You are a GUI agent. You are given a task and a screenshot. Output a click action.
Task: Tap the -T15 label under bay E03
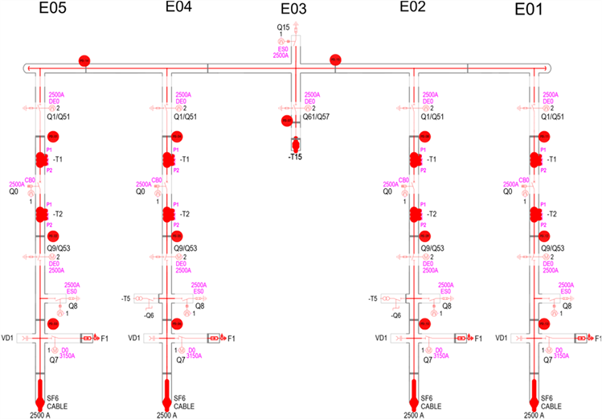[x=295, y=157]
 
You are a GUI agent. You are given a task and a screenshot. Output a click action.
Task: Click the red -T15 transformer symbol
[x=295, y=144]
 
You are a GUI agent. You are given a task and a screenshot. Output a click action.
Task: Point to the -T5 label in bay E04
[x=125, y=298]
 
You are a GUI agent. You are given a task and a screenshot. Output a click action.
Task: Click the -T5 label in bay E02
[x=372, y=298]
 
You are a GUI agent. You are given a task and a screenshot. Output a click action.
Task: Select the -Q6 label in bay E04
[x=149, y=315]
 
